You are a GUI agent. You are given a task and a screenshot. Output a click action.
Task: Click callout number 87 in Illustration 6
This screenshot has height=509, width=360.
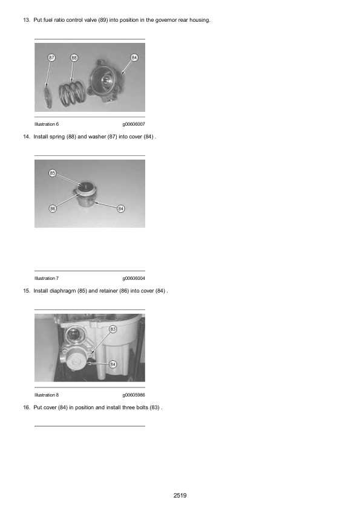(51, 57)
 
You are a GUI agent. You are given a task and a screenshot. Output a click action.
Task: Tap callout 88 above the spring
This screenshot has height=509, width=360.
(74, 57)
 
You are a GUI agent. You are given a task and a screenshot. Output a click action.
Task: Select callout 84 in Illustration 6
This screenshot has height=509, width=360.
(134, 57)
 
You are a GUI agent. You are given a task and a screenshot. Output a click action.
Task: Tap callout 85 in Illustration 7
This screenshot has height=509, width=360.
(52, 173)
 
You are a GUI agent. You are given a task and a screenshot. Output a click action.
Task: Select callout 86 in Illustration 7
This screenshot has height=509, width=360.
(53, 209)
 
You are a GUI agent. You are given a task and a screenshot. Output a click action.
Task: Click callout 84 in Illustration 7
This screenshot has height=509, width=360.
(121, 209)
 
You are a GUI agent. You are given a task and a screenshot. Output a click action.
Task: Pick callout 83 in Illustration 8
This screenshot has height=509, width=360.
(113, 329)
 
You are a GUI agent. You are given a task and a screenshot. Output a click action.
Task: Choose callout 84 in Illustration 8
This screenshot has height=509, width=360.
(113, 365)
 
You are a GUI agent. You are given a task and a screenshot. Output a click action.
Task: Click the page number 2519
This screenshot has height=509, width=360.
(180, 495)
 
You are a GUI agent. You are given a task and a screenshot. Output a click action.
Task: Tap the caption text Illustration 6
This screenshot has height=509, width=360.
(47, 124)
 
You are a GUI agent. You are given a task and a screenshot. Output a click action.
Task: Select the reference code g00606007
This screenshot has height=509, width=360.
(134, 124)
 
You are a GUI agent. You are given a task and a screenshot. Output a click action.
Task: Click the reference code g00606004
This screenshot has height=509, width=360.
(134, 278)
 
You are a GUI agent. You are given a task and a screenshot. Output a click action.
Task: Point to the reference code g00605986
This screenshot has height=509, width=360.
(134, 395)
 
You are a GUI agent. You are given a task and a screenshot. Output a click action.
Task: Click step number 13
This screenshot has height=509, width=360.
(27, 20)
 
